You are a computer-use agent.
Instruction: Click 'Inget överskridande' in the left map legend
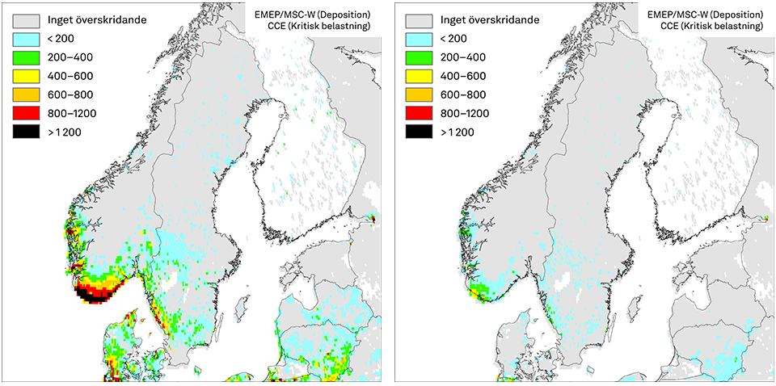coord(97,19)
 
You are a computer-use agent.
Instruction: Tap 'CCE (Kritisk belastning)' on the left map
coord(318,27)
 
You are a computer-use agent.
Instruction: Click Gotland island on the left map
coord(242,308)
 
